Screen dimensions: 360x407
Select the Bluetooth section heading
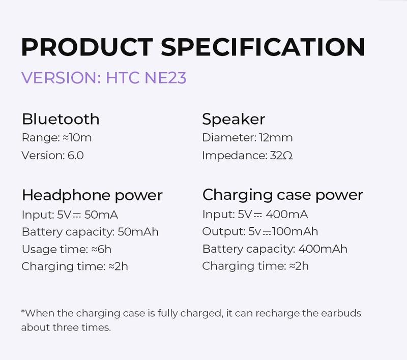coord(60,119)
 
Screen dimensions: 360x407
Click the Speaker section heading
coord(234,119)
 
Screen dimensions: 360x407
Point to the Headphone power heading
coord(92,195)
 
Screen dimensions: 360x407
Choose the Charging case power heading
coord(283,195)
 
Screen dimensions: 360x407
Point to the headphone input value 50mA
coord(103,215)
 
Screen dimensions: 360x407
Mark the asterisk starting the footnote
coord(23,312)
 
